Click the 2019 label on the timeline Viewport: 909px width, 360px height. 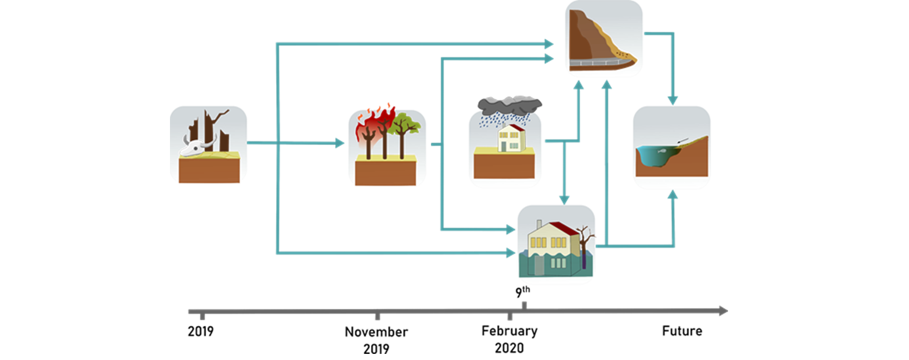[201, 332]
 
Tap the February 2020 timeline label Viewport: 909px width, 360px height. [509, 339]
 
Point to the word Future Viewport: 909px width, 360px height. [682, 331]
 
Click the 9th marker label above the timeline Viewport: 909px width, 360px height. [522, 292]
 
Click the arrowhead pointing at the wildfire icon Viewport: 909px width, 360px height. [340, 144]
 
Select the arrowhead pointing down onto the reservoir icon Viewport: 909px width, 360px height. [673, 100]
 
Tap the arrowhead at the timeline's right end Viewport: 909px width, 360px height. [723, 311]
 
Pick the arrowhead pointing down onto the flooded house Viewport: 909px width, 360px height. [564, 200]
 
